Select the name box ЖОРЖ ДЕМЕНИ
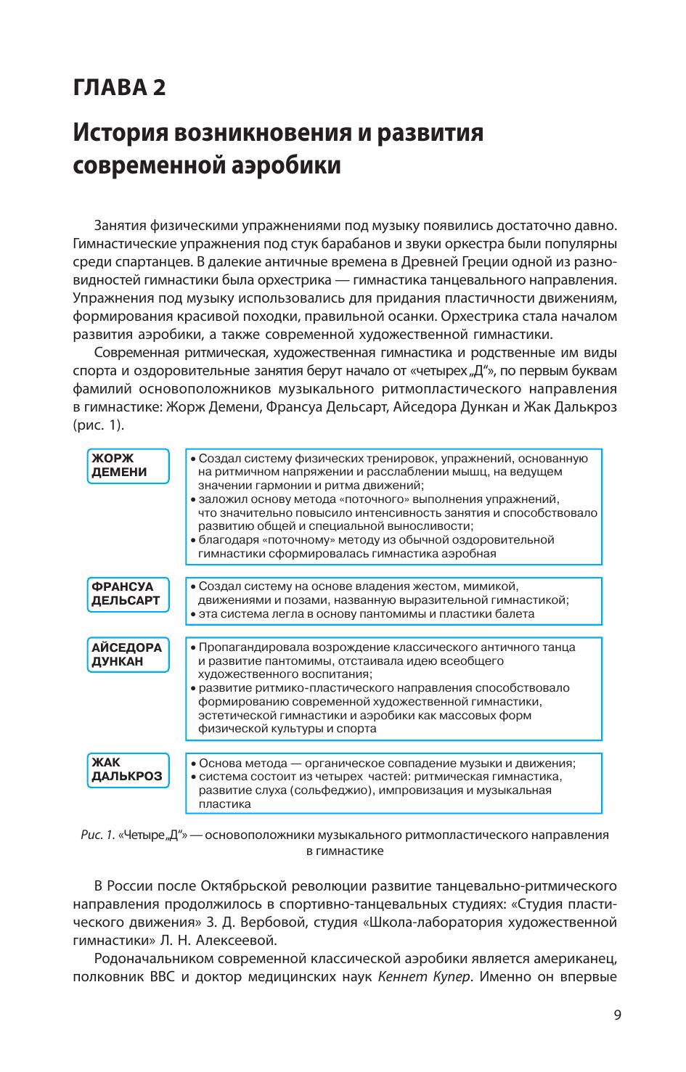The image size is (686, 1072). coord(128,465)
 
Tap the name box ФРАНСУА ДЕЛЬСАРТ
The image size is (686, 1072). coord(128,594)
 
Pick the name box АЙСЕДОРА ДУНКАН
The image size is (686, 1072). coord(128,654)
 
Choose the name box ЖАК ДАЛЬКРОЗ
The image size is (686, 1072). coord(128,769)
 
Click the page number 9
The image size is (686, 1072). coord(617,1016)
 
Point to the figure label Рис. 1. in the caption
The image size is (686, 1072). coord(97,835)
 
